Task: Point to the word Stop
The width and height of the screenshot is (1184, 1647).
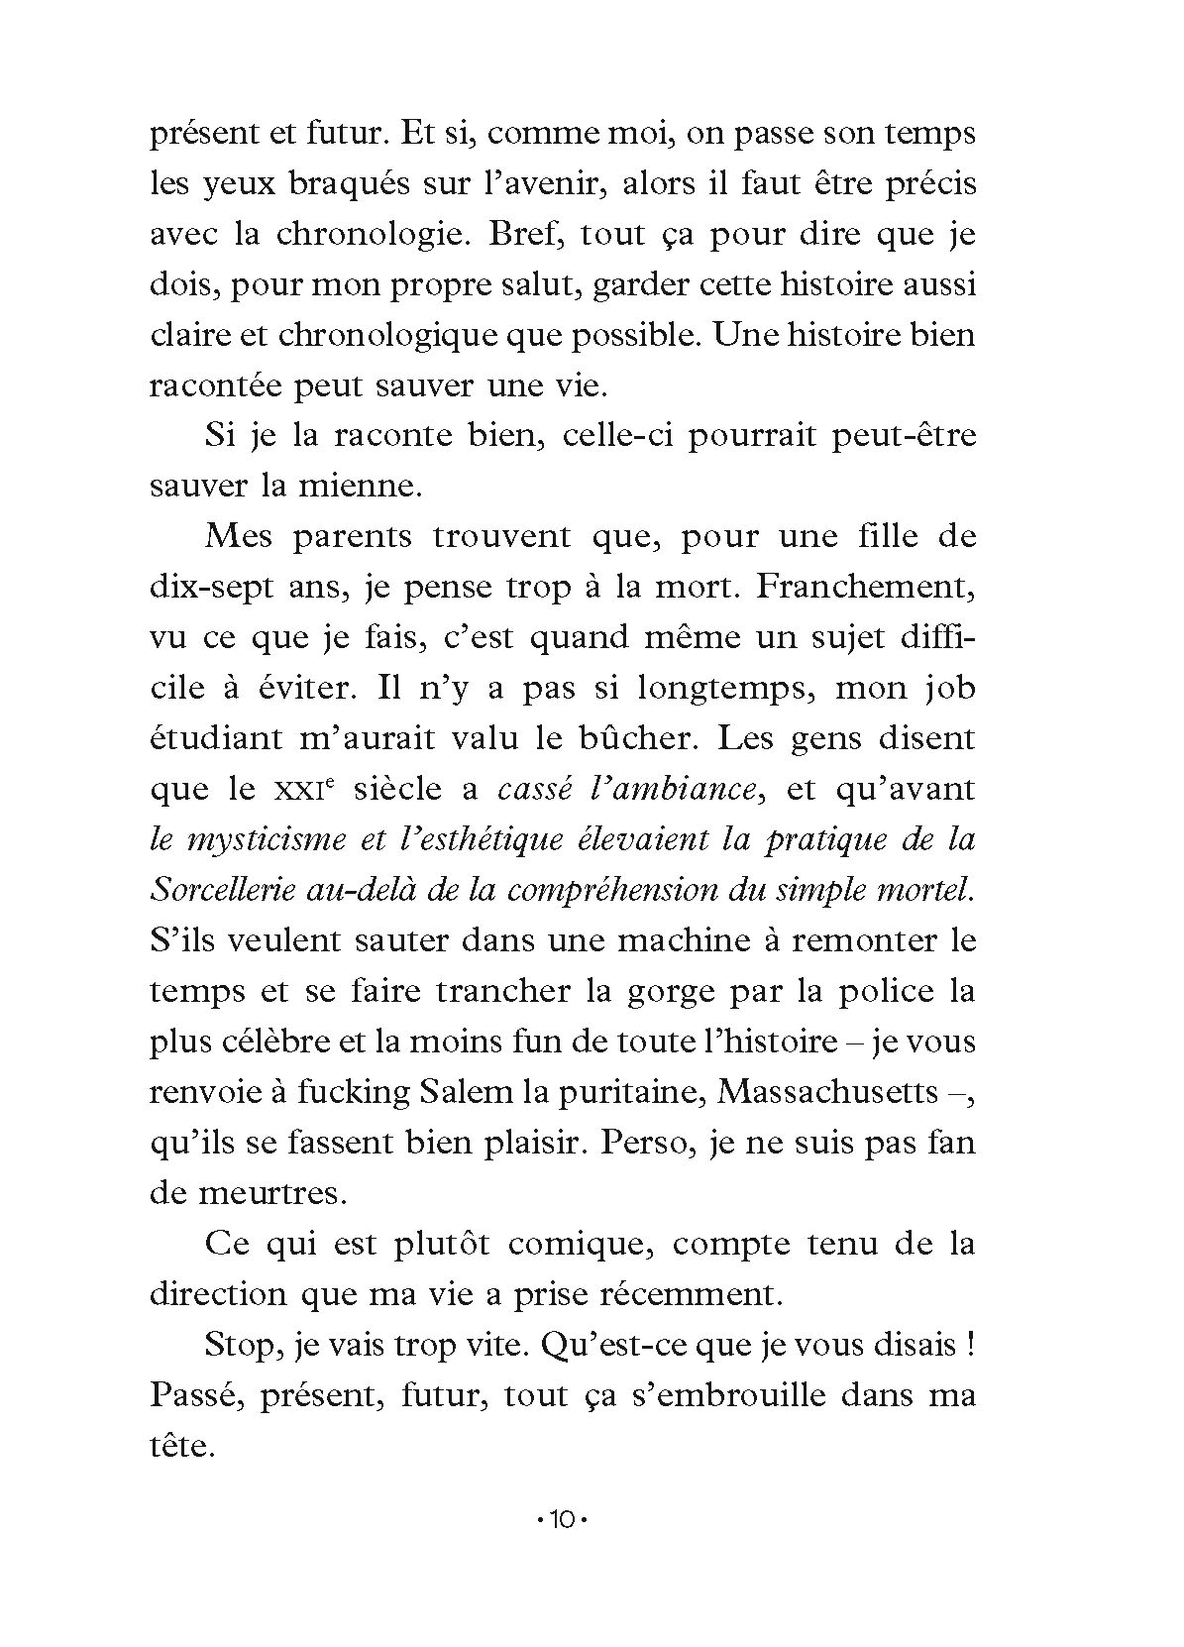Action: coord(238,1345)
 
